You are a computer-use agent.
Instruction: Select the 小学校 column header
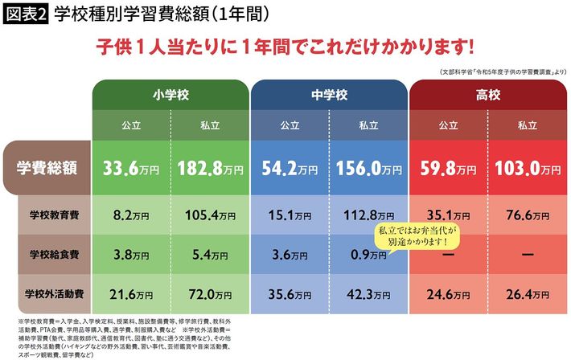170,95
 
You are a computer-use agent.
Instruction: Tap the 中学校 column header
329,95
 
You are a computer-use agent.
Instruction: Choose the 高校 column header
487,95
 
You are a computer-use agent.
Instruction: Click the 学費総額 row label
47,169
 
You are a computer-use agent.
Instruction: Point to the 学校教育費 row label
53,215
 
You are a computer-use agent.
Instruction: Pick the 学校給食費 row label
53,255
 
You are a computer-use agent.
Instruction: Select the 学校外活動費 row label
53,294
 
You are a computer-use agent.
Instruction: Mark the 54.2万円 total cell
290,170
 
